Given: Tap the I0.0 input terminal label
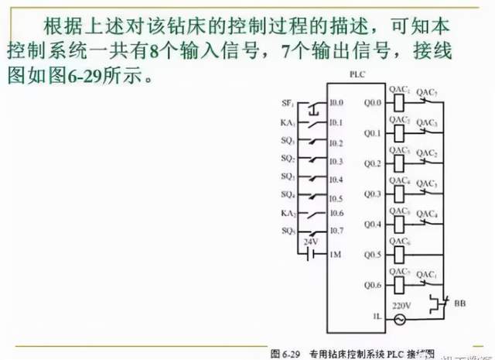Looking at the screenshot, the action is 335,103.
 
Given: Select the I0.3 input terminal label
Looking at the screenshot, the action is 335,162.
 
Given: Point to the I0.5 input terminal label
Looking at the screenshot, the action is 335,197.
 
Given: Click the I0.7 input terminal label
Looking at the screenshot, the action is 335,231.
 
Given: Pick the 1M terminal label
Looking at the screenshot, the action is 334,255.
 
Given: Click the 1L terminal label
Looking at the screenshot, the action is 377,317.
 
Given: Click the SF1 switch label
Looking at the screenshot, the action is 287,103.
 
